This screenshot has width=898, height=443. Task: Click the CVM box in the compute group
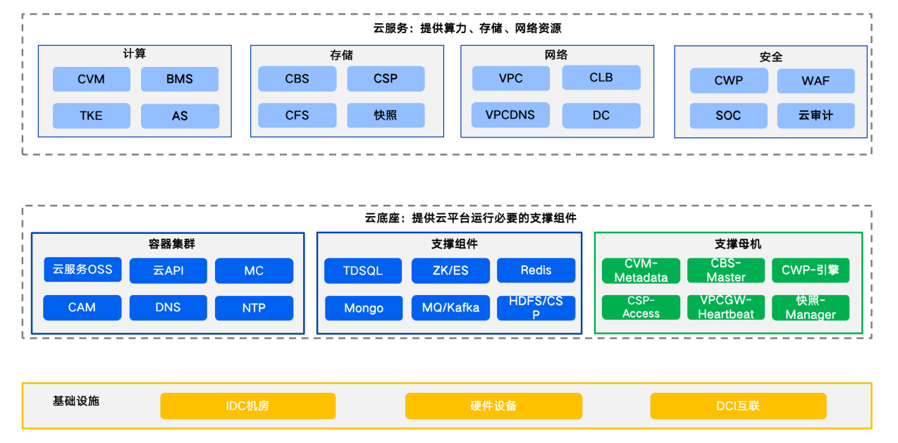pos(92,80)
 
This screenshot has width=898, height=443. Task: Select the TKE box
pos(92,116)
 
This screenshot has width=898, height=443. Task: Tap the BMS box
pos(180,80)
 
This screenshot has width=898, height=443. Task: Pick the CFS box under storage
pos(297,116)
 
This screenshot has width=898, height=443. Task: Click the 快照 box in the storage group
pos(386,116)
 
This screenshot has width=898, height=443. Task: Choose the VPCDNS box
pos(510,115)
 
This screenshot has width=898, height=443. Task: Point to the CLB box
pos(601,77)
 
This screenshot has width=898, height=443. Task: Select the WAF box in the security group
pos(816,81)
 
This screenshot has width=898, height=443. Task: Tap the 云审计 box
pos(816,116)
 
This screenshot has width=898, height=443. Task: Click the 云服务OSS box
pos(82,270)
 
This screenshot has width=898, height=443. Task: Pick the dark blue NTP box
pos(254,308)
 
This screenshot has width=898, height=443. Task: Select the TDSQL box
pos(363,270)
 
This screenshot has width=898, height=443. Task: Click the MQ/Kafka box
pos(450,308)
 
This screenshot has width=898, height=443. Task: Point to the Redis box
pos(536,270)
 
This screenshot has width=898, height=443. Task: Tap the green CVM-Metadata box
pos(641,270)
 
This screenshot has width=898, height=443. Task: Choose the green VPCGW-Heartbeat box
pos(726,307)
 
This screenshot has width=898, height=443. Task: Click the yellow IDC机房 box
pos(247,406)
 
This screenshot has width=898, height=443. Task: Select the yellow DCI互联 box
pos(738,406)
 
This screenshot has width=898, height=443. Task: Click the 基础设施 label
pos(75,401)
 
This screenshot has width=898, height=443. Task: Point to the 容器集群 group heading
pos(171,244)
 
